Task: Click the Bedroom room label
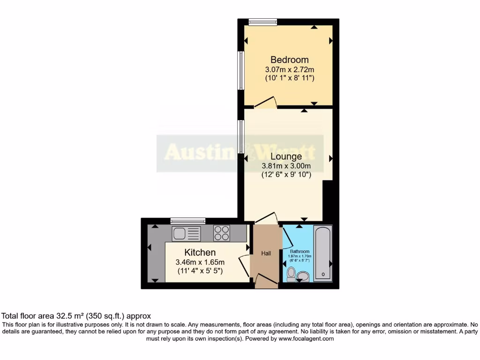[289, 60]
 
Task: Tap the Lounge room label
[286, 156]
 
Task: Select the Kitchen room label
[200, 253]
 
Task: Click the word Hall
[266, 254]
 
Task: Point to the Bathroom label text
[300, 251]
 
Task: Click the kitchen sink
[186, 233]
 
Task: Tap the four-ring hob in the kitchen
[222, 233]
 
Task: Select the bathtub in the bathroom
[322, 253]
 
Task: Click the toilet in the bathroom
[291, 274]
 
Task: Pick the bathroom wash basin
[303, 276]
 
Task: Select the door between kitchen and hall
[244, 265]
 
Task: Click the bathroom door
[286, 237]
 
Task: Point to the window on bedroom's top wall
[262, 22]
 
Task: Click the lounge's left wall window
[241, 136]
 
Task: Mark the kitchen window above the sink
[188, 221]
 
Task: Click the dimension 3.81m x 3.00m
[286, 166]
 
